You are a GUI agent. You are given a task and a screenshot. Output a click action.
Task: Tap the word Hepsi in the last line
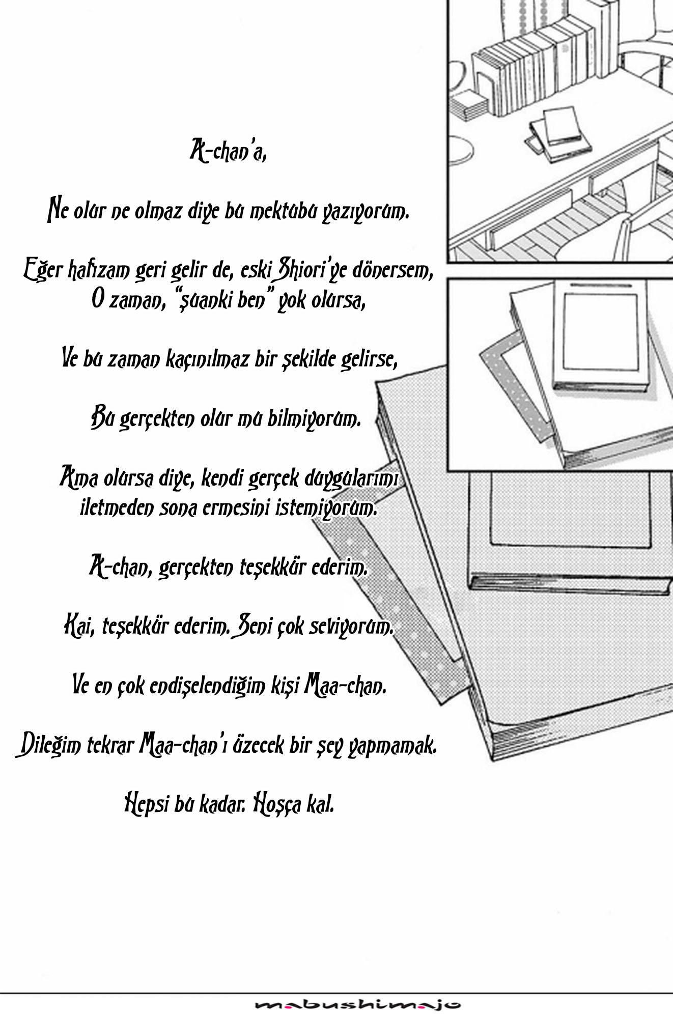149,806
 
